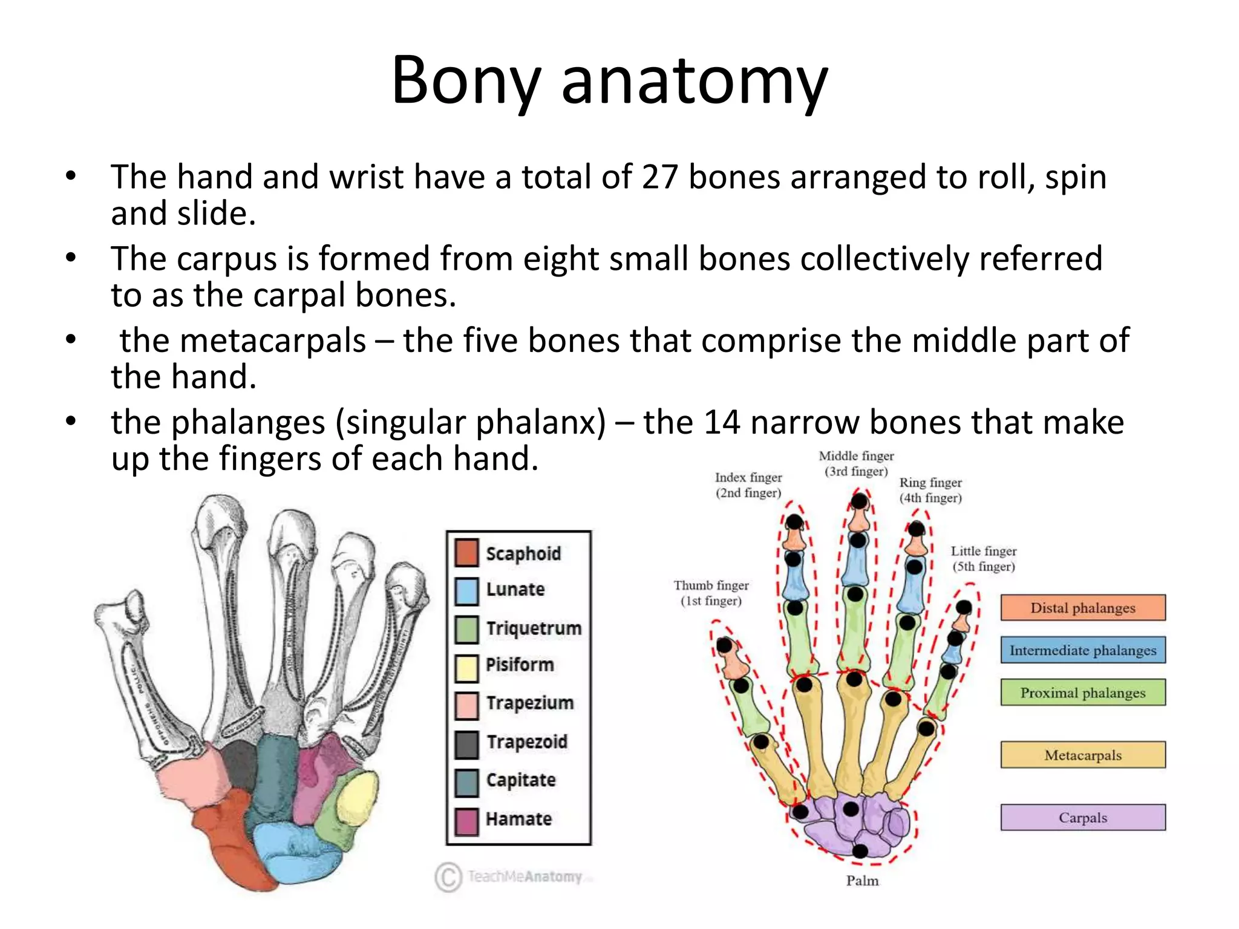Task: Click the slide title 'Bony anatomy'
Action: click(x=610, y=80)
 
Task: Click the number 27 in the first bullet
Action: click(x=659, y=177)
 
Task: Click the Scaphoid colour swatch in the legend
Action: click(x=466, y=553)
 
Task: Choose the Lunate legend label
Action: click(x=515, y=590)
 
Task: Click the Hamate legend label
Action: click(x=519, y=819)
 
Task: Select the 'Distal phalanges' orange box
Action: click(x=1082, y=608)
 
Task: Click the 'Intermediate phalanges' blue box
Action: click(x=1082, y=650)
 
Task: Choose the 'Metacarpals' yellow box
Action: click(x=1082, y=755)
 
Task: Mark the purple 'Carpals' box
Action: click(x=1082, y=818)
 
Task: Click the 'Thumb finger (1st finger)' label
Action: click(x=711, y=593)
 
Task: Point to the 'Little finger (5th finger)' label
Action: click(x=983, y=559)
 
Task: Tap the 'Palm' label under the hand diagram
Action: click(x=862, y=881)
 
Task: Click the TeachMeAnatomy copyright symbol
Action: click(x=448, y=876)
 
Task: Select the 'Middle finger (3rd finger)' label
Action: click(x=856, y=464)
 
